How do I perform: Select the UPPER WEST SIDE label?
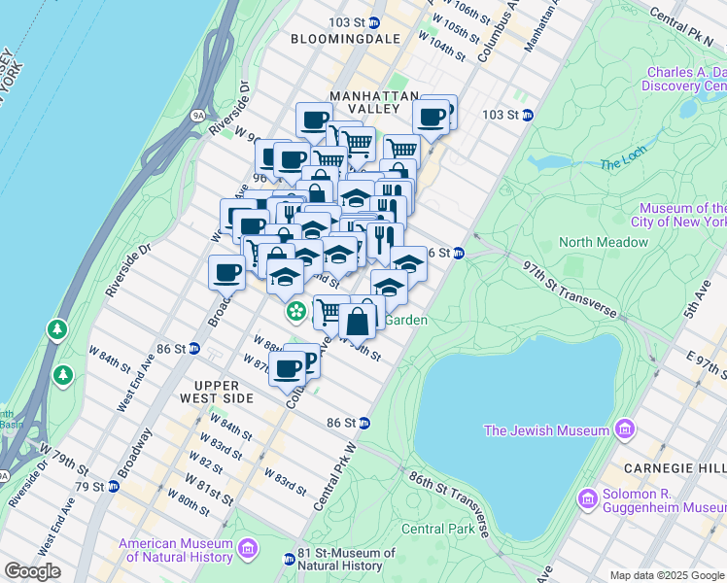[x=216, y=398]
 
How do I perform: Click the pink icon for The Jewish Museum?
[x=625, y=429]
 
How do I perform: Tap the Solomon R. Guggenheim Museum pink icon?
[x=586, y=499]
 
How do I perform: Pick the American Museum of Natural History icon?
[x=248, y=551]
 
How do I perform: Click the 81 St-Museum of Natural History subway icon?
[x=289, y=560]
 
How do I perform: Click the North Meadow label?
[x=603, y=242]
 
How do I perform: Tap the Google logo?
[x=32, y=571]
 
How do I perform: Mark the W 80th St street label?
[x=189, y=500]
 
